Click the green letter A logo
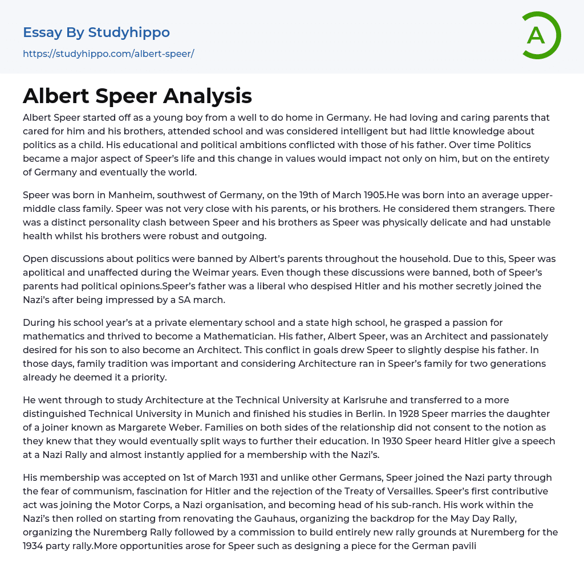(541, 35)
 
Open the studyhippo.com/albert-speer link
(108, 54)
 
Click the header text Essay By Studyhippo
(96, 32)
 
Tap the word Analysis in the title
(208, 96)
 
